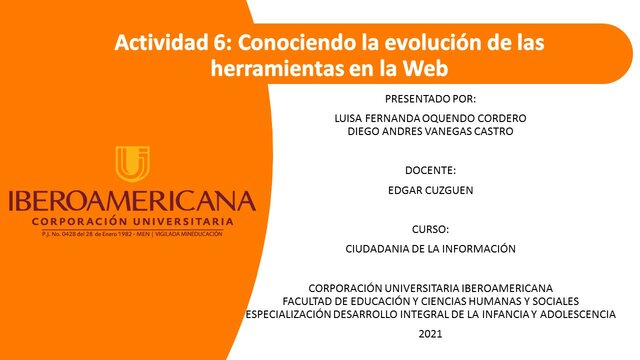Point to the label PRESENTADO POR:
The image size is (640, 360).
tap(430, 99)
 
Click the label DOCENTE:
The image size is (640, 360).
tap(430, 170)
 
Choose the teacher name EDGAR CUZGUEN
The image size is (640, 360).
tap(430, 189)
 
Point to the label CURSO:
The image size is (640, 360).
tap(430, 229)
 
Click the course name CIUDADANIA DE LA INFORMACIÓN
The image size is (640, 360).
tap(430, 248)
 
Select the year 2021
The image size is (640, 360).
tap(430, 332)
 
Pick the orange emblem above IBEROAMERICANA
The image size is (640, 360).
tap(132, 164)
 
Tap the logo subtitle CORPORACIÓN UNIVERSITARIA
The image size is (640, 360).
tap(132, 220)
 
